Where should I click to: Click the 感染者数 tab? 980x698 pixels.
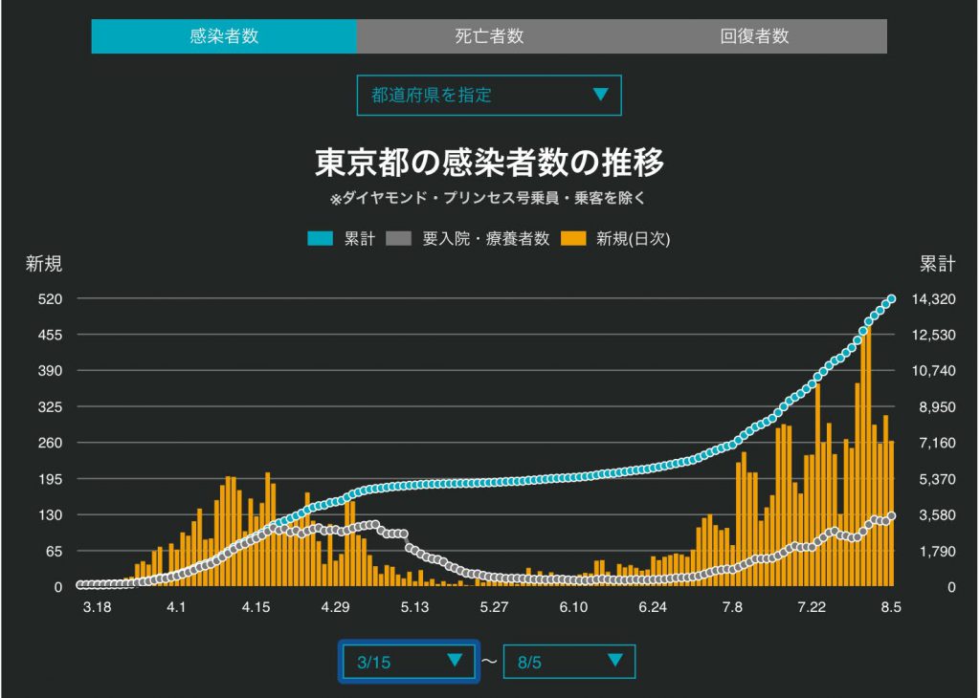pyautogui.click(x=224, y=36)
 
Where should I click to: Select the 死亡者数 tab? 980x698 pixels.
pyautogui.click(x=489, y=36)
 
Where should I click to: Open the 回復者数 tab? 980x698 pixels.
pyautogui.click(x=754, y=36)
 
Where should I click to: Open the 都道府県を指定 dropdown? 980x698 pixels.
pyautogui.click(x=489, y=96)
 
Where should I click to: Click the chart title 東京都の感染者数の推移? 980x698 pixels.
pyautogui.click(x=489, y=163)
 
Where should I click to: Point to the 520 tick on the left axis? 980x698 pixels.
pyautogui.click(x=50, y=299)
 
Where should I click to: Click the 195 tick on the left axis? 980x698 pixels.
pyautogui.click(x=50, y=479)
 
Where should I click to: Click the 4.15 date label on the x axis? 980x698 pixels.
pyautogui.click(x=256, y=607)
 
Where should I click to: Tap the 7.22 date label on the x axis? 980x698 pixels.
pyautogui.click(x=812, y=607)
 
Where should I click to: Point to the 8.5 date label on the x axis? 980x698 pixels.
pyautogui.click(x=891, y=607)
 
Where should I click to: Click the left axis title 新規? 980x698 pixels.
pyautogui.click(x=44, y=264)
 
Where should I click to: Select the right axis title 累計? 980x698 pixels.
pyautogui.click(x=937, y=264)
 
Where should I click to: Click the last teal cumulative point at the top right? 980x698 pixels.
pyautogui.click(x=891, y=299)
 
